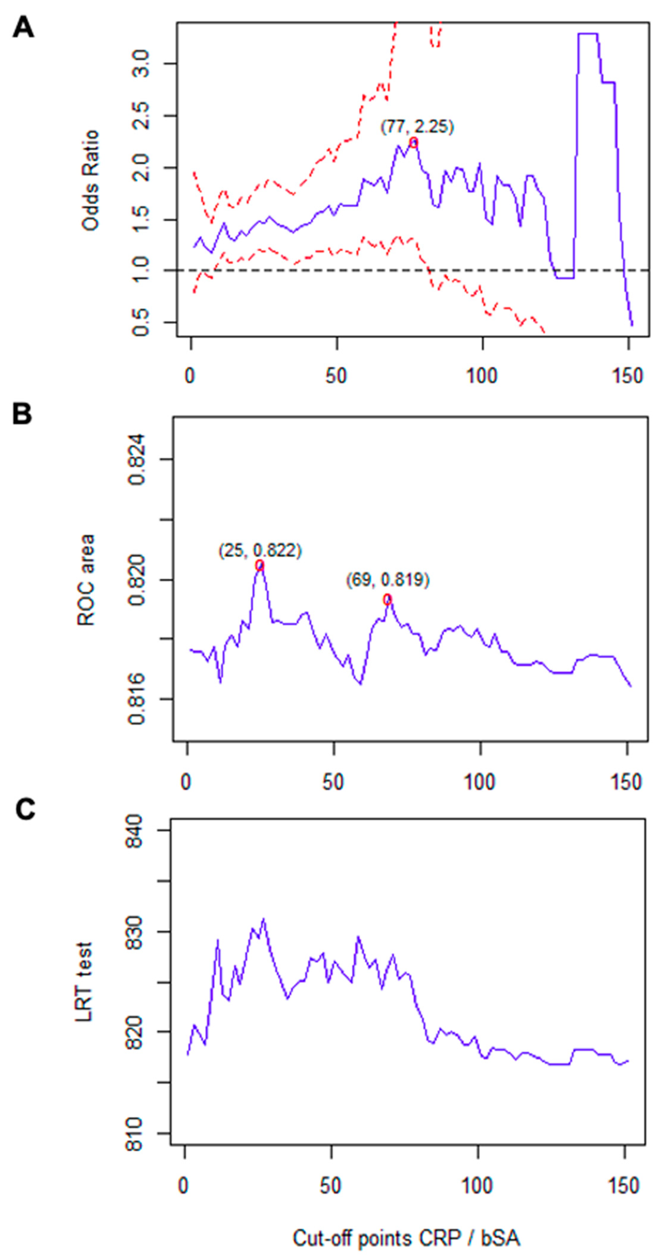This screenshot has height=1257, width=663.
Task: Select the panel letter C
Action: (x=25, y=809)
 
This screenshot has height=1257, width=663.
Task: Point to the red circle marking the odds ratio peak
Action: (x=413, y=143)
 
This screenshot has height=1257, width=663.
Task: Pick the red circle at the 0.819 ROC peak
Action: (x=387, y=600)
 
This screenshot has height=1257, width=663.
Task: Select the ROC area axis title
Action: (x=86, y=580)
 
